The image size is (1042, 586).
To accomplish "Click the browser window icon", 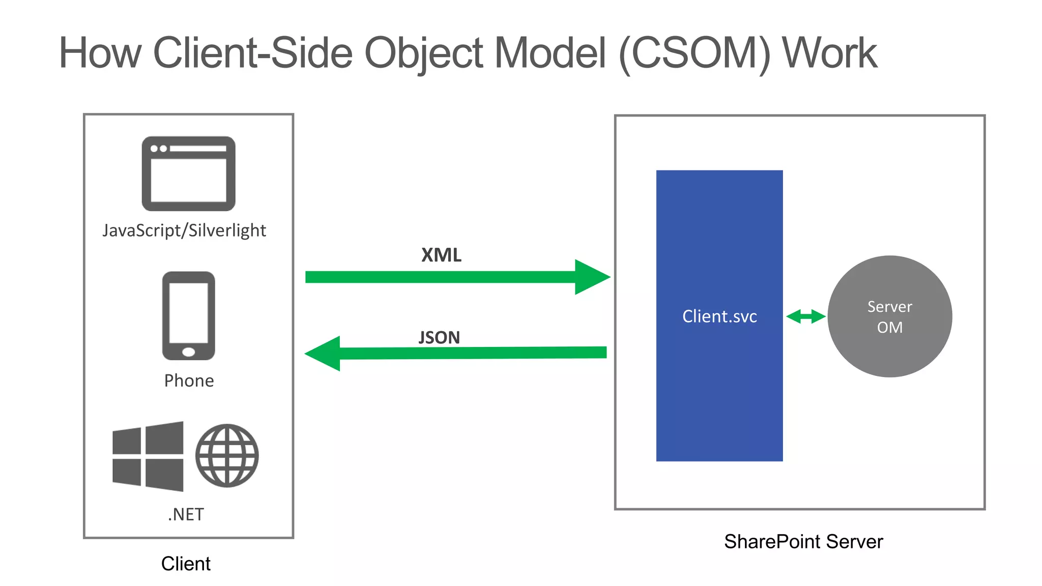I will point(188,173).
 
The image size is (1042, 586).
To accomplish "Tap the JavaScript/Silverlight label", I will point(184,230).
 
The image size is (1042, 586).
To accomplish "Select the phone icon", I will point(188,315).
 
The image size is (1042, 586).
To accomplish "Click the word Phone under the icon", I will point(189,380).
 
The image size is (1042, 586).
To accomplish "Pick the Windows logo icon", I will point(148,456).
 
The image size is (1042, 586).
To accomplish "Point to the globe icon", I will point(227,456).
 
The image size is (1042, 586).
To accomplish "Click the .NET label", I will point(186,514).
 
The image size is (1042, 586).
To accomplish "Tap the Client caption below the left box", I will point(186,564).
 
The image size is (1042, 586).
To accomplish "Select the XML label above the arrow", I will point(441,255).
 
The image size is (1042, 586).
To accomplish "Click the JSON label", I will point(439,337).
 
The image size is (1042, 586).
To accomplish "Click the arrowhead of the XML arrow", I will point(591,277).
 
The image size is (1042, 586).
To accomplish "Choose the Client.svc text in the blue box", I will point(719,316).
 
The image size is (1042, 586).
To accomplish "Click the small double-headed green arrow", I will point(805,316).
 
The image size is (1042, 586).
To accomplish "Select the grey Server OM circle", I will point(889,316).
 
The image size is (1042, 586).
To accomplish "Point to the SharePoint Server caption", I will point(803,541).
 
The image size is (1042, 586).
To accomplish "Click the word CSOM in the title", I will point(696,53).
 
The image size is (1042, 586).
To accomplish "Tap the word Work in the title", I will point(829,53).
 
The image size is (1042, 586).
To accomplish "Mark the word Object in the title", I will point(423,53).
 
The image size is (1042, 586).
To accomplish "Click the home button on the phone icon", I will point(188,352).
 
